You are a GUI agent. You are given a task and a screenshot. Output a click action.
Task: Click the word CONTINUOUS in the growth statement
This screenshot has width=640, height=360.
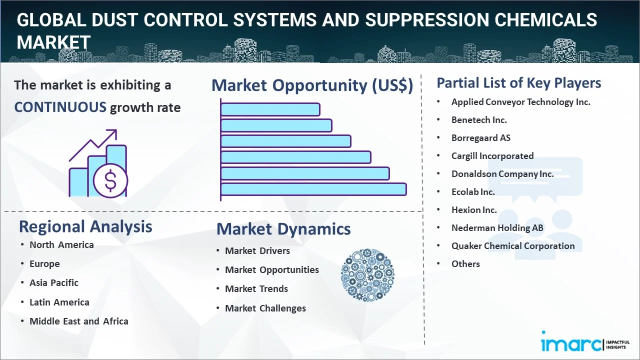pos(60,107)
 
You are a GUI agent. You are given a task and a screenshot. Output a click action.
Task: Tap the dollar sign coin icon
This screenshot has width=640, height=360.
pos(110,181)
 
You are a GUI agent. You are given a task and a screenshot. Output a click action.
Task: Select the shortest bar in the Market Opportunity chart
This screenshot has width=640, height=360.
pos(270,109)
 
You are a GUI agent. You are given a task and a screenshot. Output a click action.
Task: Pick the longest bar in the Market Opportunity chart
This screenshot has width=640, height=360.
pos(313,189)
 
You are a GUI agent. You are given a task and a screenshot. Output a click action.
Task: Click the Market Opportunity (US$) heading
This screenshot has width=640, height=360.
pos(312,85)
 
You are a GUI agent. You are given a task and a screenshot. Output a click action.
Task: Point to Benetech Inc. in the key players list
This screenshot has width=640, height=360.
pos(479,120)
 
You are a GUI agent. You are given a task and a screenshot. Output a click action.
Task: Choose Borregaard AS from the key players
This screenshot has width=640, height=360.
pos(481,138)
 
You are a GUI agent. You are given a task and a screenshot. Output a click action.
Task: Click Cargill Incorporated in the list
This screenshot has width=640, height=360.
pos(492,156)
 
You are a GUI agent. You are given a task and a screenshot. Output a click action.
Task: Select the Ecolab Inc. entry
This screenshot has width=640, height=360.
pos(473,192)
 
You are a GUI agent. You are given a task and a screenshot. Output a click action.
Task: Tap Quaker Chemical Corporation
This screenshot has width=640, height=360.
pos(513,246)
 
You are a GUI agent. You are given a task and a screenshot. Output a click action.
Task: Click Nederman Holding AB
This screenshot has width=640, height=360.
pos(497,228)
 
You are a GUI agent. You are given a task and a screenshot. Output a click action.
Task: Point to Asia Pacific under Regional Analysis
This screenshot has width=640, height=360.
pos(54,283)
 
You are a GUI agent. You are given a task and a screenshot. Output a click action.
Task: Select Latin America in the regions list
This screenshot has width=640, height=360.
pos(59,302)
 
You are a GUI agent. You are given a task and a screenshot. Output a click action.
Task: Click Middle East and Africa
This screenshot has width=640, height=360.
pos(79,321)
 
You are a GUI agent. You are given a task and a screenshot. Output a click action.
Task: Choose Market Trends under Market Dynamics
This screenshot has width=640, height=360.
pos(256,289)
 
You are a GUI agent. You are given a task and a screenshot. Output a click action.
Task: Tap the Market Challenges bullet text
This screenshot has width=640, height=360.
pos(265,308)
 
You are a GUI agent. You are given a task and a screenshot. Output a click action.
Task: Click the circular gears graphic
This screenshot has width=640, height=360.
pos(367,275)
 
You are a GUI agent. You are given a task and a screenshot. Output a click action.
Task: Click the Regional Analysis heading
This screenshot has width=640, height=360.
pos(85,226)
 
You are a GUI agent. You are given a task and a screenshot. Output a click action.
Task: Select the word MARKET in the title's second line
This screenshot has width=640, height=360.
pos(53,42)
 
